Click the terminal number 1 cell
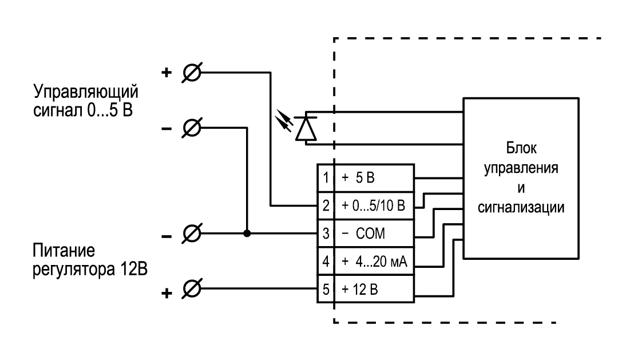click(x=326, y=178)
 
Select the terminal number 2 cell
click(x=326, y=205)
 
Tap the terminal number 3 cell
click(x=326, y=234)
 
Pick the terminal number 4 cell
click(x=326, y=262)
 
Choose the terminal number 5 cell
click(x=326, y=289)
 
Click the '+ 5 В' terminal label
click(x=358, y=178)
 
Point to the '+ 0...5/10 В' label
click(x=373, y=205)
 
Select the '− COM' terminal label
click(x=363, y=234)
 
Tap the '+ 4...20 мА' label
click(x=374, y=262)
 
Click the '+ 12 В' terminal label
click(x=359, y=289)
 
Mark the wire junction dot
click(x=247, y=234)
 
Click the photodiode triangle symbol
click(x=306, y=128)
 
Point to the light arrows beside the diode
click(x=283, y=121)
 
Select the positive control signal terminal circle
click(x=192, y=73)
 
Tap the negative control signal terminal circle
click(x=192, y=128)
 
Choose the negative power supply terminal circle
click(x=192, y=234)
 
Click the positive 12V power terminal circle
click(x=192, y=288)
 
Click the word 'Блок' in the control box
click(x=521, y=148)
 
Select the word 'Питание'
click(x=64, y=250)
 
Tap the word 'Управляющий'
click(x=86, y=92)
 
